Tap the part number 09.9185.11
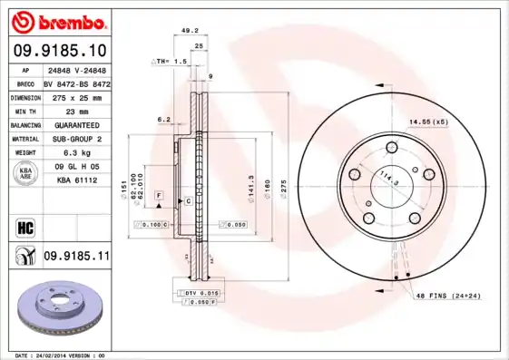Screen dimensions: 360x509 76,257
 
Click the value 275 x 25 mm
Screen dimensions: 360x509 75,96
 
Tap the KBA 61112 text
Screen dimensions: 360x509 76,180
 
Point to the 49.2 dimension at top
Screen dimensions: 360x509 190,30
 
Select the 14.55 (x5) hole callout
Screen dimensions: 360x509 428,121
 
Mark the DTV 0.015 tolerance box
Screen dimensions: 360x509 200,293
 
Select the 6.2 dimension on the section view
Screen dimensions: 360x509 163,119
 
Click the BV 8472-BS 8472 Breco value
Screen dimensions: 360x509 76,83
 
